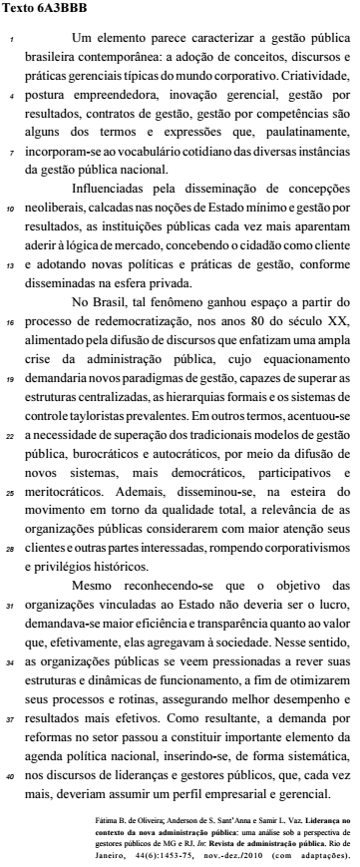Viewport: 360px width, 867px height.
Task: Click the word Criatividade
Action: click(x=314, y=76)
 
